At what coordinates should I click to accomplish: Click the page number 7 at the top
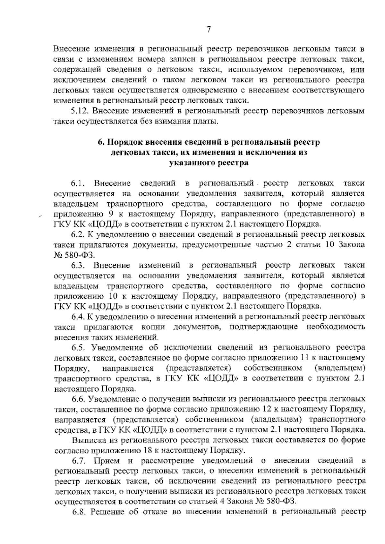point(209,30)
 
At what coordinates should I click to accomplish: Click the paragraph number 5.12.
point(80,111)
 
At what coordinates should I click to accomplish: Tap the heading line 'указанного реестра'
point(209,163)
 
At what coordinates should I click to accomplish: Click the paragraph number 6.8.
point(79,512)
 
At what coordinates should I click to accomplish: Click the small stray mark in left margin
point(40,217)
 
